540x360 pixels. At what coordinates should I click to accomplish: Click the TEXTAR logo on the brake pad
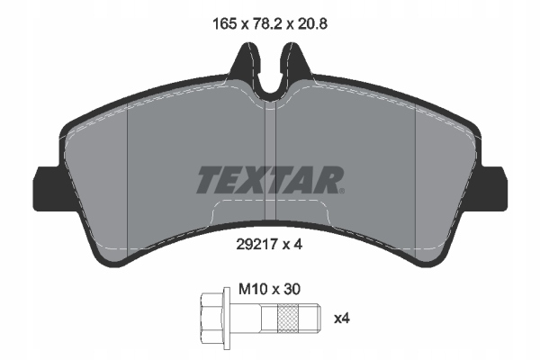pyautogui.click(x=268, y=180)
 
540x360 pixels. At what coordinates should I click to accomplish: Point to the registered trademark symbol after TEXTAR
pyautogui.click(x=340, y=190)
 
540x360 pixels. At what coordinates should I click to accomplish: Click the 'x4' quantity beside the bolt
pyautogui.click(x=342, y=318)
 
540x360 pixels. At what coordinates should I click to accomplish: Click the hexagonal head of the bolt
pyautogui.click(x=212, y=318)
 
